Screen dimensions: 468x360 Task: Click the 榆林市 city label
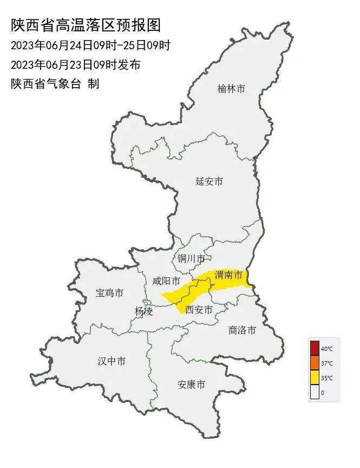click(231, 89)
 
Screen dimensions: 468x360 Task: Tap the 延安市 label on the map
click(209, 181)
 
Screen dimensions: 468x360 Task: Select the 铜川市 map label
click(191, 258)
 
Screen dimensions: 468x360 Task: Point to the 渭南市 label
click(228, 275)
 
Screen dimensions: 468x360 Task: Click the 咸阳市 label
click(166, 281)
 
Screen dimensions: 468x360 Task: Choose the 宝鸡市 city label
click(109, 293)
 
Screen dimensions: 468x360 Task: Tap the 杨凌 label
click(143, 311)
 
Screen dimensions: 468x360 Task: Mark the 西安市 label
click(199, 310)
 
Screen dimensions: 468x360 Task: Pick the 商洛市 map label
click(242, 330)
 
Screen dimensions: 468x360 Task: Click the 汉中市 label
click(112, 361)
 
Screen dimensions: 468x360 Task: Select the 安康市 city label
click(192, 385)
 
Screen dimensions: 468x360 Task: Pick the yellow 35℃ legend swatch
click(315, 378)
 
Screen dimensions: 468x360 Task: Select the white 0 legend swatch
click(315, 392)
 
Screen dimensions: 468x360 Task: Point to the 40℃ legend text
click(327, 349)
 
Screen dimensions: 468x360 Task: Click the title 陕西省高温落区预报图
click(86, 25)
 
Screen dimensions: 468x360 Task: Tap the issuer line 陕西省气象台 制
click(55, 84)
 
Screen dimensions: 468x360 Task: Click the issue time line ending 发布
click(75, 64)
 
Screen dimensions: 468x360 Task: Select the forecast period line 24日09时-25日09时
click(90, 45)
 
